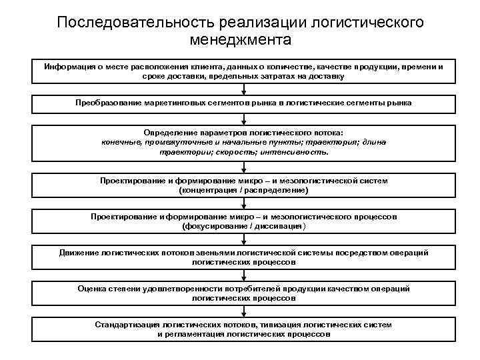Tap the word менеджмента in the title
point(240,41)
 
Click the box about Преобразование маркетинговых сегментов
point(243,103)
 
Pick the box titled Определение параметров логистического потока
point(243,142)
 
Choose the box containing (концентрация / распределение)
point(243,185)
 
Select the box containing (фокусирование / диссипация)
point(243,221)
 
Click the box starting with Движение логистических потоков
point(243,257)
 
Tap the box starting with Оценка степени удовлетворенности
point(243,293)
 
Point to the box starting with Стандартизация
point(243,329)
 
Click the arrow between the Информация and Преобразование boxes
point(244,89)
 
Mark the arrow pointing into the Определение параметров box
point(244,120)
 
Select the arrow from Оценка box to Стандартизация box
point(244,311)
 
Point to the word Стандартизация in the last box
point(126,325)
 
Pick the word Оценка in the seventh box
point(92,289)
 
